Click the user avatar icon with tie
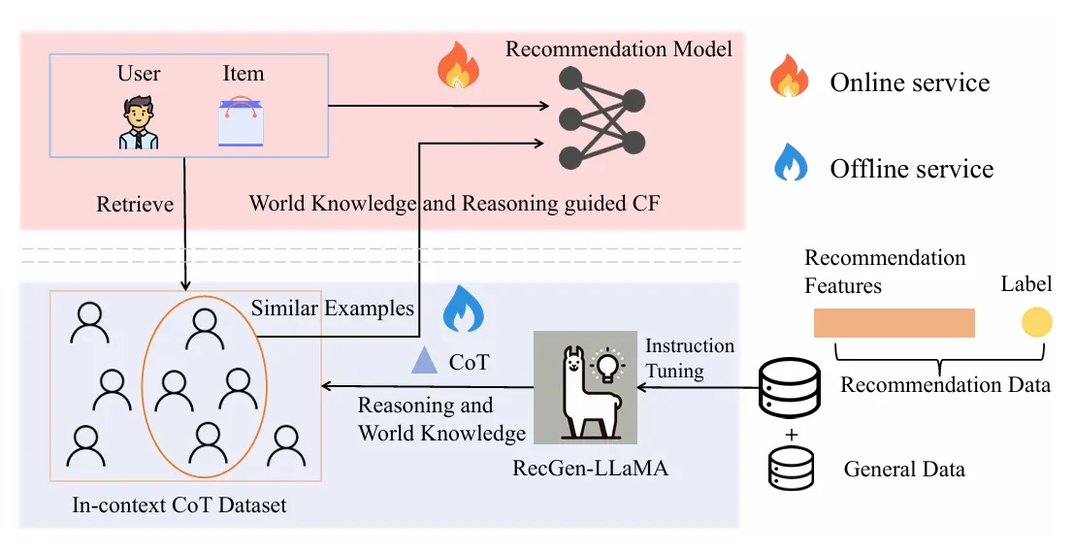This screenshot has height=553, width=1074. point(139,122)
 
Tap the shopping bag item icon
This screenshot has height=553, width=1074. point(241,122)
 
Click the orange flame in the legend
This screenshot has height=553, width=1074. point(789,76)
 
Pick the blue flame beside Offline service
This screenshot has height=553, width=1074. point(790,163)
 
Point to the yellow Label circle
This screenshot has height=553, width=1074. point(1036,322)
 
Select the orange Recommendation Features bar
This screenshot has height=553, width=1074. point(894,322)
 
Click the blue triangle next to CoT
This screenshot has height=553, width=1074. point(424,362)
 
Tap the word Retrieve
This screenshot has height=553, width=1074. point(135,205)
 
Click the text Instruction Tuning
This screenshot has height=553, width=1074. point(690,357)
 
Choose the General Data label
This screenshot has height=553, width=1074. point(904,470)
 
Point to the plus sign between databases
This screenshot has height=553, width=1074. point(791,435)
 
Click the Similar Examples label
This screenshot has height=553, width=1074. point(333,309)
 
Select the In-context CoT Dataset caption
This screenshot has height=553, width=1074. point(179,505)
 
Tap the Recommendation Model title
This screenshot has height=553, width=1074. point(619,49)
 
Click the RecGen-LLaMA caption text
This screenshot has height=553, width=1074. point(590,471)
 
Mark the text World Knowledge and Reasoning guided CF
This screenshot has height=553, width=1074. point(455,204)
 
